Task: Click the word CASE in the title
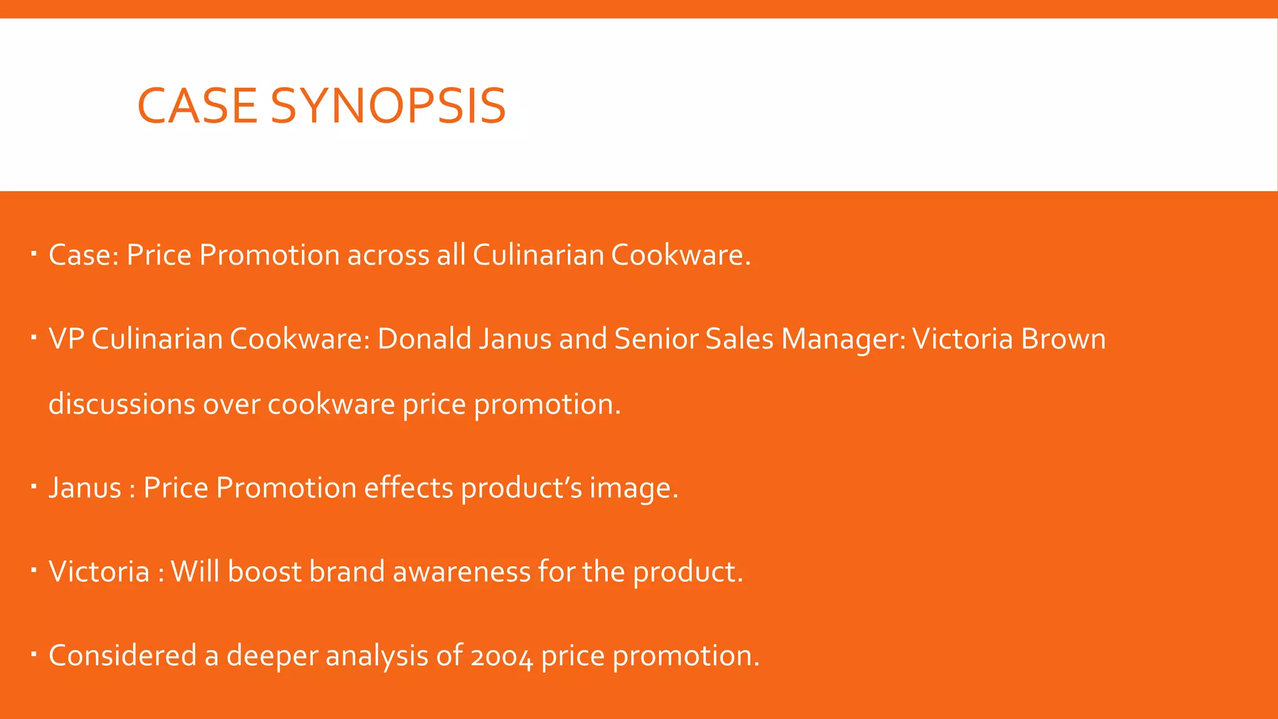pos(197,105)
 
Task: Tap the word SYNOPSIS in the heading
pos(388,105)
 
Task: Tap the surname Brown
pos(1063,339)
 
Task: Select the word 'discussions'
pos(122,404)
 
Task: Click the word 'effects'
pos(408,487)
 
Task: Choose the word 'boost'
pos(264,572)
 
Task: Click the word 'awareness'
pos(461,572)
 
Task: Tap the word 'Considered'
pos(122,655)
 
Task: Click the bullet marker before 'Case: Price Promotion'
pos(34,253)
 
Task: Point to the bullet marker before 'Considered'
pos(34,654)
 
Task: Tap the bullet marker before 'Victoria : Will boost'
pos(34,570)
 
